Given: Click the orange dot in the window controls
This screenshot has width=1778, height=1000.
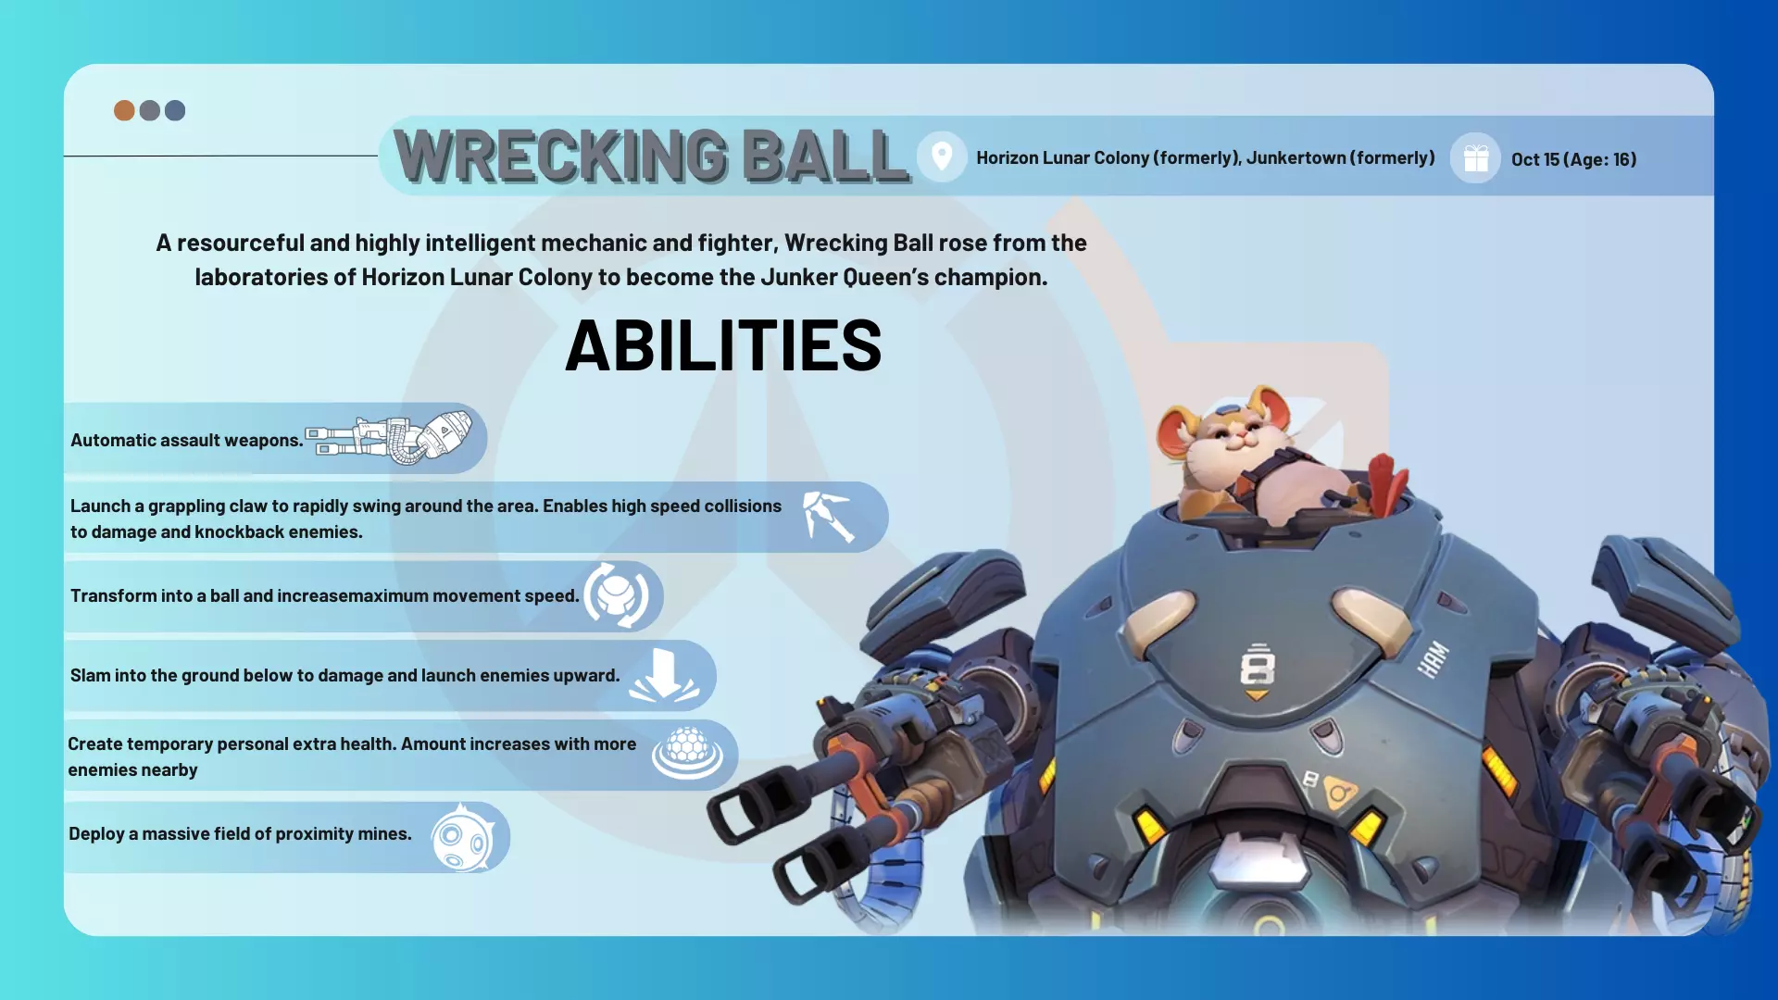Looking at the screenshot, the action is point(124,111).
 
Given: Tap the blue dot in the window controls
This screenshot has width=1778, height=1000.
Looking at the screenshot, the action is point(175,111).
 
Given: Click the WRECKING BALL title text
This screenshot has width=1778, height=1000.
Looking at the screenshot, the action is point(652,156).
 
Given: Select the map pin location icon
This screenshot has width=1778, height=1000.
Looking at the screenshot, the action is point(942,156).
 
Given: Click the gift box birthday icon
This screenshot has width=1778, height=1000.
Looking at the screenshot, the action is point(1476,158).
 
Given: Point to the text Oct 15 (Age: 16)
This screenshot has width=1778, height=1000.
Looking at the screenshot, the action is point(1573,159).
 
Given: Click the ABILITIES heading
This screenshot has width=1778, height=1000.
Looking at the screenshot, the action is point(723,345).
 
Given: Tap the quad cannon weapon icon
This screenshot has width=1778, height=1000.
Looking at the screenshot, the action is point(389,438).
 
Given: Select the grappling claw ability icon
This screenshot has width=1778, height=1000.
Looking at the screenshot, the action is point(828,517).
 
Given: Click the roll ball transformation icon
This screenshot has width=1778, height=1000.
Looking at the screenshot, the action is point(616,595).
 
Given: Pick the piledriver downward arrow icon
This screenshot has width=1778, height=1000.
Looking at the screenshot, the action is point(664,675).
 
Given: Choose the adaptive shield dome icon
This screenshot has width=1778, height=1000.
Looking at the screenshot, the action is point(687,753).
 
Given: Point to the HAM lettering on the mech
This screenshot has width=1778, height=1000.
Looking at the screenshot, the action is point(1433,658).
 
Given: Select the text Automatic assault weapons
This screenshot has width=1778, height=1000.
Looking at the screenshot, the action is point(187,441).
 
